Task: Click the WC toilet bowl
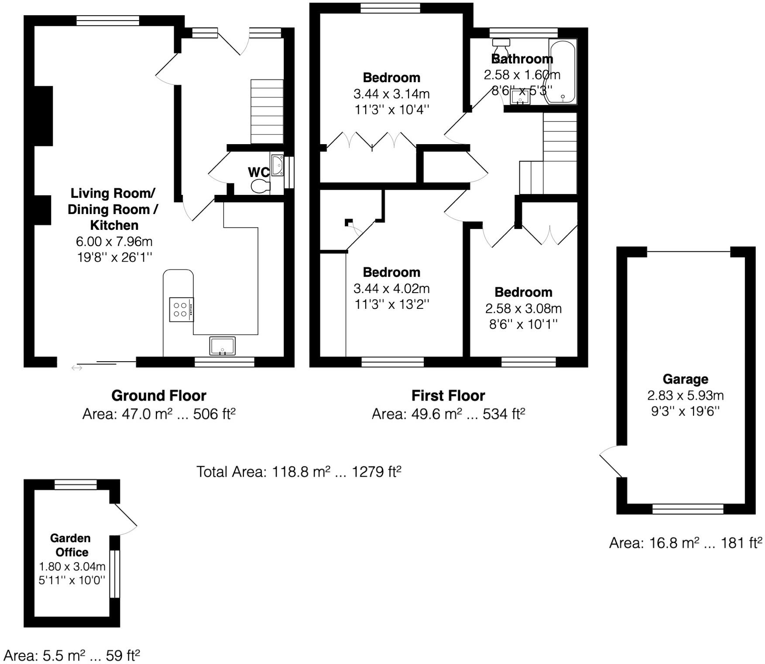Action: [261, 186]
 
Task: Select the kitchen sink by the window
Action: [222, 346]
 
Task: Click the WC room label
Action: [258, 172]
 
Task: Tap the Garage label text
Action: [685, 379]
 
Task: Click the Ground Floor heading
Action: [159, 395]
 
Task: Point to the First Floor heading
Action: [448, 395]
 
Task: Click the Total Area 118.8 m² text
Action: [298, 472]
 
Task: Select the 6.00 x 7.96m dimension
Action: [114, 241]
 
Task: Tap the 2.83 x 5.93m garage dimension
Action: [685, 396]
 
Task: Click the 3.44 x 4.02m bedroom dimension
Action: [391, 288]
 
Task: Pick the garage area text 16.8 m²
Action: [686, 543]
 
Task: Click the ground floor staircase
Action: [267, 111]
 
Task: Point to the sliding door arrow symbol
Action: [77, 368]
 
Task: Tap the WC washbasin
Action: [277, 165]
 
